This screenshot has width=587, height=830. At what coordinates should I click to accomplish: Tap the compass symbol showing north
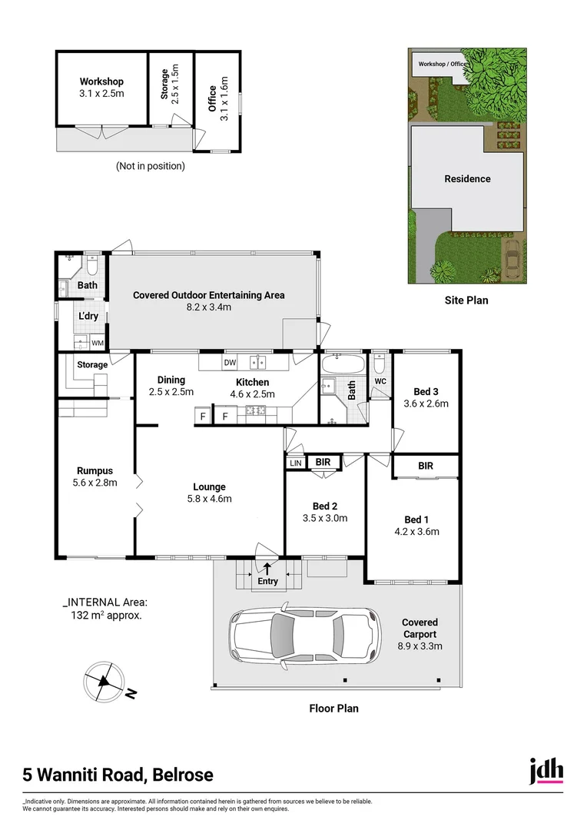[103, 679]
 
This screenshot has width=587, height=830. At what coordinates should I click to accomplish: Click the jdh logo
[546, 771]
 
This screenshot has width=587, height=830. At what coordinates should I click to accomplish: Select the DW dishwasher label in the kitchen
[230, 362]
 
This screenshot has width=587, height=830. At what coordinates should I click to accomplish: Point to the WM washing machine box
[98, 343]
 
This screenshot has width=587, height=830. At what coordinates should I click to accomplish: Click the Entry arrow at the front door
[267, 569]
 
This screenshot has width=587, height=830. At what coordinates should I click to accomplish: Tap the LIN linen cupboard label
[296, 463]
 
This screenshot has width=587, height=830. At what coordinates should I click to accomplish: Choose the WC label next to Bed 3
[380, 381]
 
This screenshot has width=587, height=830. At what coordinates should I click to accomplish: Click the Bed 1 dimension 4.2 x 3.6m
[416, 531]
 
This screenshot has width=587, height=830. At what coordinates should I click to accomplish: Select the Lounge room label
[209, 486]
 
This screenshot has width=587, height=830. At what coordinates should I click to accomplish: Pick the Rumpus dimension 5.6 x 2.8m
[95, 483]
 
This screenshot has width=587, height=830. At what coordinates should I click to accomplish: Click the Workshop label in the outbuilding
[101, 81]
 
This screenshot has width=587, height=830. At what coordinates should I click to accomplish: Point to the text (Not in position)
[151, 165]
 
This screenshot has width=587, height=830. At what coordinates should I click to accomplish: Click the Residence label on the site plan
[467, 179]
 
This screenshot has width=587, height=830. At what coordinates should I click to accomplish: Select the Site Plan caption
[466, 300]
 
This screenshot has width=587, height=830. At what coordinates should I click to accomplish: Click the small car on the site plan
[511, 259]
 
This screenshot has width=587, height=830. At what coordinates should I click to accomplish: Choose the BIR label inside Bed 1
[426, 466]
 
